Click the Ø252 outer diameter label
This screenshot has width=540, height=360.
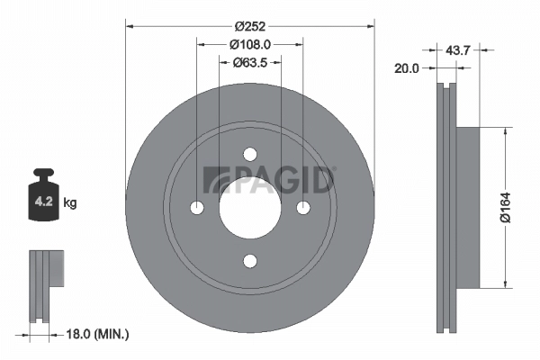coord(250,25)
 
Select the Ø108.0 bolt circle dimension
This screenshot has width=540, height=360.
coord(250,45)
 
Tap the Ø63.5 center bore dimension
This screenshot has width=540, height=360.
coord(250,63)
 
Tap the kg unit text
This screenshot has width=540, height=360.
coord(70,203)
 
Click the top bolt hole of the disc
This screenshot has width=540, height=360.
coord(250,154)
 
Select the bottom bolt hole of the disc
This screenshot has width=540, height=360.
coord(250,261)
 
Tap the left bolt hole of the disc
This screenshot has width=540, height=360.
coord(197,208)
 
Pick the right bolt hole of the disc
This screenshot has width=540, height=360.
coord(303,208)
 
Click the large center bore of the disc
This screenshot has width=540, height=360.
coord(250,208)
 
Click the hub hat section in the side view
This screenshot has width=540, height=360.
coord(470,207)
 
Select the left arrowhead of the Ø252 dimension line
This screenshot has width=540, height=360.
coord(130,25)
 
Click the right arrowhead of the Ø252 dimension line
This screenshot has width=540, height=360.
coord(369,25)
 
